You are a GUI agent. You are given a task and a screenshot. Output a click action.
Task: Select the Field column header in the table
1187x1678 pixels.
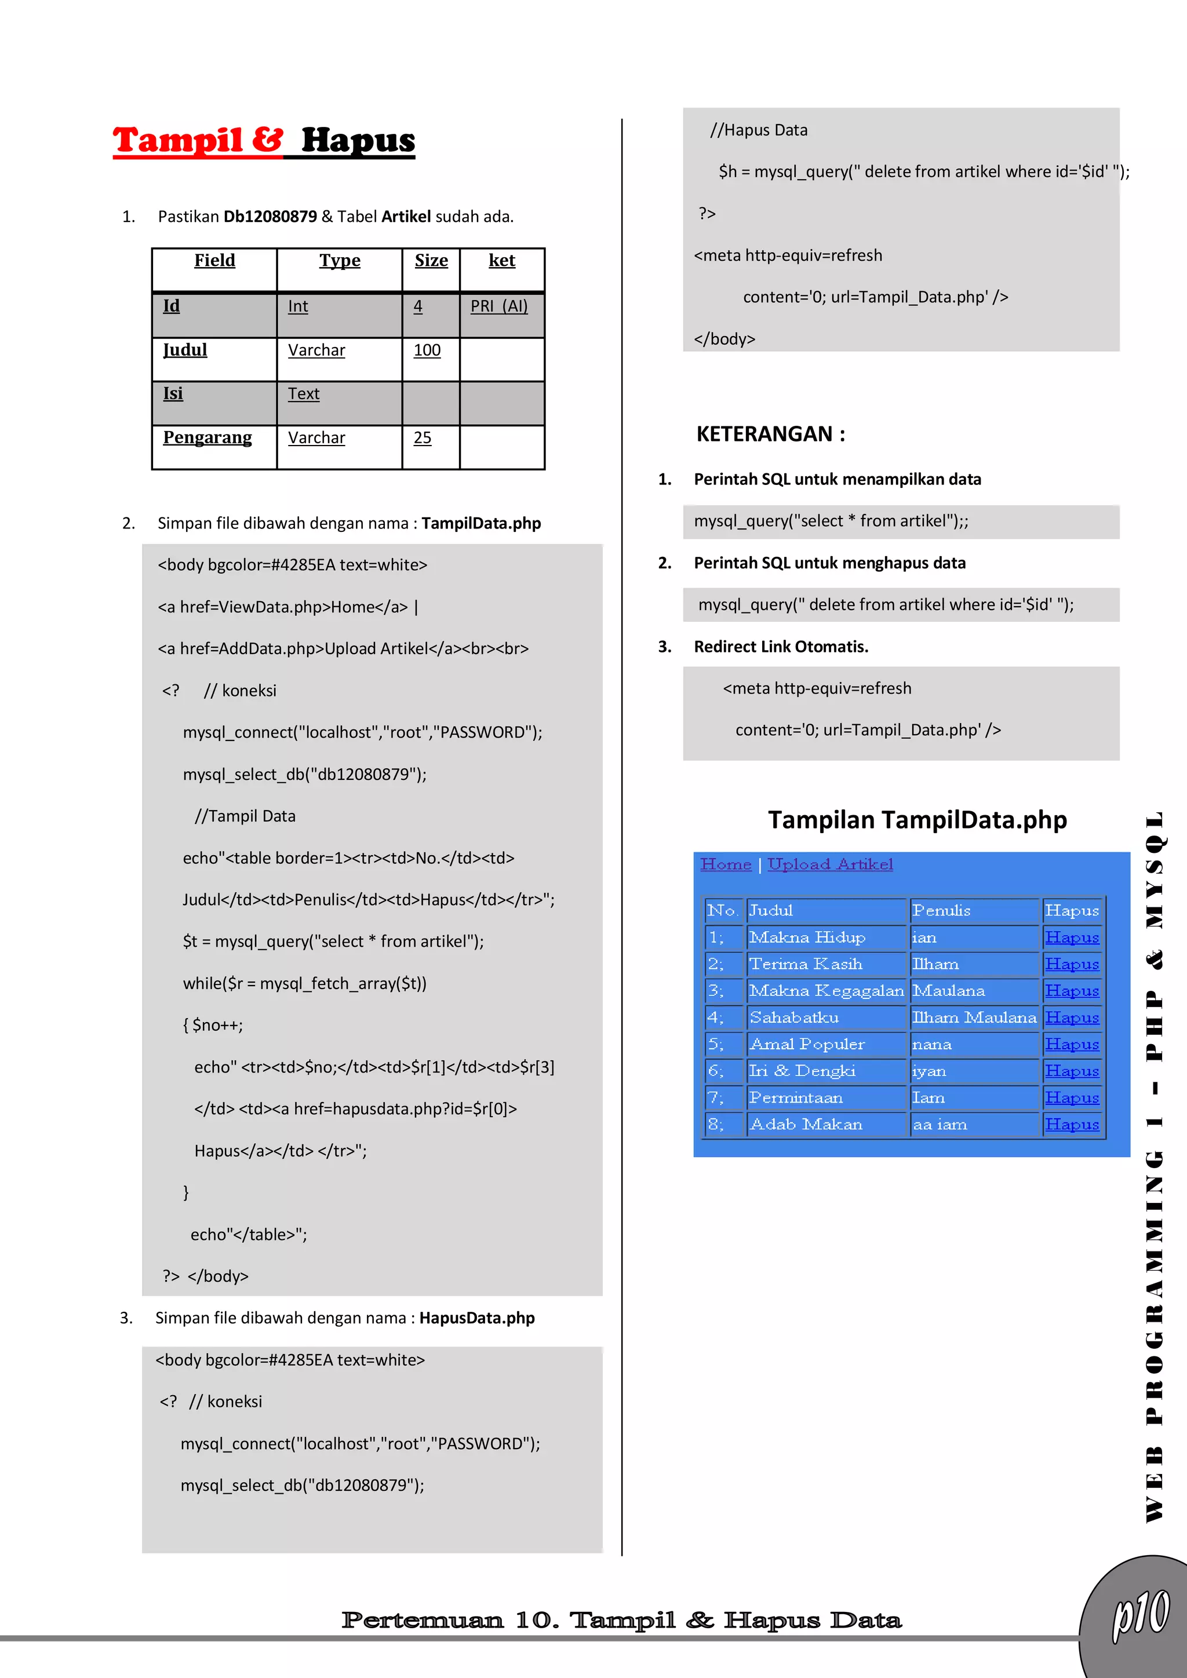[x=214, y=261]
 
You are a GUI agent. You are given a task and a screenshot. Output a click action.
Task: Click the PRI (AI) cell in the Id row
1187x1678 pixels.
[x=498, y=306]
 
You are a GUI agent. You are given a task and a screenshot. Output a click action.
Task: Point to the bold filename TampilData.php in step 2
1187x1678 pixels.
[x=481, y=523]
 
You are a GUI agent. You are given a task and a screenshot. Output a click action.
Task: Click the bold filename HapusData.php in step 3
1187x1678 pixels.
[x=476, y=1318]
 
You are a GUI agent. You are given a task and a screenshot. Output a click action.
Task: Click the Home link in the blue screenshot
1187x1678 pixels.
[x=725, y=864]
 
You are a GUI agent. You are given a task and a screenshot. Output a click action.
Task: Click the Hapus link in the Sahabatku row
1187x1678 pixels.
[x=1072, y=1017]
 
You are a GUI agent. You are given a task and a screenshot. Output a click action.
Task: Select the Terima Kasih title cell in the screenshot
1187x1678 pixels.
[x=806, y=964]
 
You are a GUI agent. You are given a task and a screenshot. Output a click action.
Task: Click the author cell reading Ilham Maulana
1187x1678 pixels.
[x=974, y=1017]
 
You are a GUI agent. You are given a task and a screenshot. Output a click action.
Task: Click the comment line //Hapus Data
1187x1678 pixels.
[x=759, y=130]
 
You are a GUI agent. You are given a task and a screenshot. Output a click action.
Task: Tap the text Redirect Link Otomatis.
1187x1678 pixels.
[x=781, y=647]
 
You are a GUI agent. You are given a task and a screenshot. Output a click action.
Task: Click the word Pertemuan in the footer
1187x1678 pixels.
[x=422, y=1620]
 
